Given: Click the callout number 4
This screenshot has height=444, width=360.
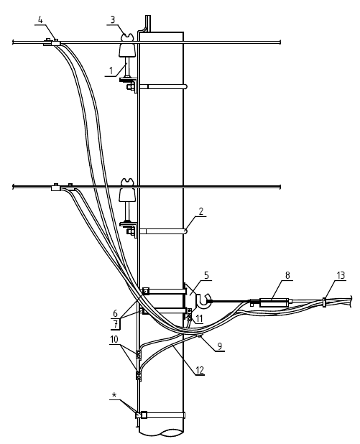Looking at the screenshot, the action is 41,20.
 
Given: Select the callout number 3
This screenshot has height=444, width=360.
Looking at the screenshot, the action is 113,20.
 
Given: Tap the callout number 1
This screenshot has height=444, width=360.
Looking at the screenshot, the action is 111,70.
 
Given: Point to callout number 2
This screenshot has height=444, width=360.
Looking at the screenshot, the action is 200,211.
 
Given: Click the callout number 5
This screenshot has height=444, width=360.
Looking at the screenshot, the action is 206,275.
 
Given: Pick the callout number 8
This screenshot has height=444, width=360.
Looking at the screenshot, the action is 287,275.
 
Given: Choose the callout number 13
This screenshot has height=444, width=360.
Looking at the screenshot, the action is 341,275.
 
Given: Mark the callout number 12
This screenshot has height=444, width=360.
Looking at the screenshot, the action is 200,370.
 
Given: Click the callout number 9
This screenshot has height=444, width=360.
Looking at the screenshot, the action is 220,346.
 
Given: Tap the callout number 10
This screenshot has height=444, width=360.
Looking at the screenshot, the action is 114,339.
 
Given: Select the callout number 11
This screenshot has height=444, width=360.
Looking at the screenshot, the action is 199,318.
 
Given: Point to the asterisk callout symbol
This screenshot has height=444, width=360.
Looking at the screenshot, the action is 114,395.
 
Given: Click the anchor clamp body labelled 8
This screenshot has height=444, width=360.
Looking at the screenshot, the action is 274,302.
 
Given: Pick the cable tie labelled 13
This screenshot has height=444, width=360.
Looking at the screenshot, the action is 324,302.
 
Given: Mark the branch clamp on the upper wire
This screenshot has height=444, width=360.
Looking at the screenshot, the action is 52,43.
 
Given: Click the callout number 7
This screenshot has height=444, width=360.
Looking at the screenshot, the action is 116,325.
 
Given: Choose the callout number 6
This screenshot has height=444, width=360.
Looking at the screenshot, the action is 115,313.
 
